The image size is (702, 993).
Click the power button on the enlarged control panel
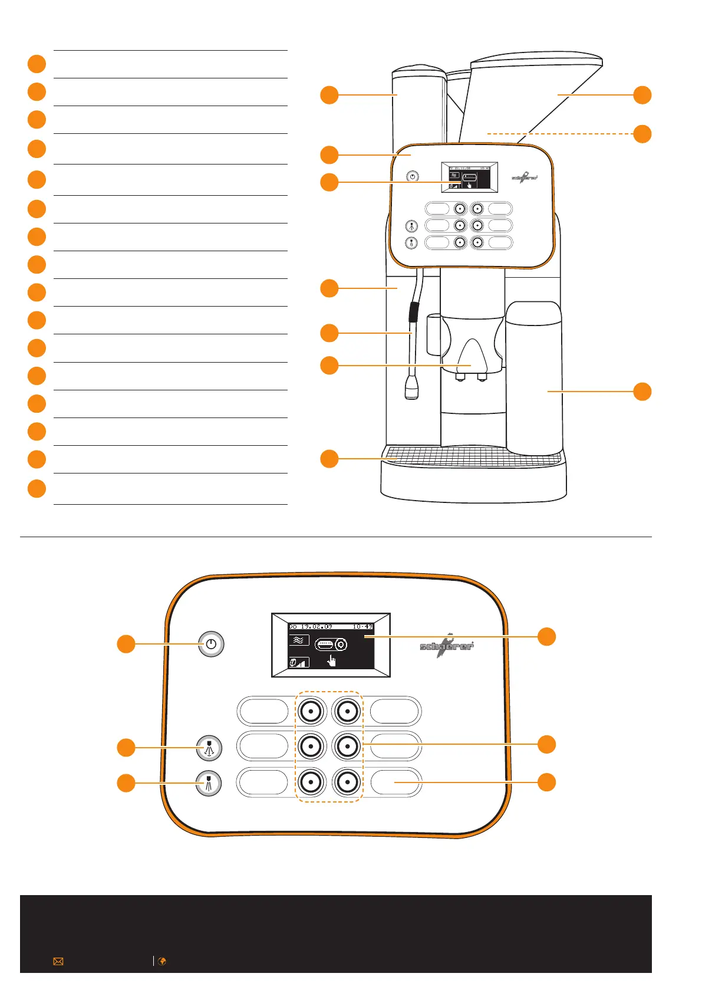pos(211,644)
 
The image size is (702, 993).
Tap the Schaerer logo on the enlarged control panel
pos(447,646)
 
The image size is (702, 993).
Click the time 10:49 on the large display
pos(362,626)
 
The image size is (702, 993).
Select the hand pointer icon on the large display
pos(332,661)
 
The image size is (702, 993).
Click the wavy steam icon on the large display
pos(299,640)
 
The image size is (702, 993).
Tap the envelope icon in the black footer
pos(58,961)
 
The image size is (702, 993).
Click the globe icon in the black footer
pos(162,961)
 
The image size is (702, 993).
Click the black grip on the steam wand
pos(414,312)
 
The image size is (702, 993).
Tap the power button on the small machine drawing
pos(413,176)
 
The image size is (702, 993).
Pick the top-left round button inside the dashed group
pos(311,711)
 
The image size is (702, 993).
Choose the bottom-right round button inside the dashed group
pos(347,782)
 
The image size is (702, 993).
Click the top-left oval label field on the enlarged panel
pos(263,711)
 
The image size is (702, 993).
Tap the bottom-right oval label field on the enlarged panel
pos(396,782)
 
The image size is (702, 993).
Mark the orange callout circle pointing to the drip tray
pos(329,459)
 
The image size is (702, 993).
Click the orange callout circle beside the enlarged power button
pos(126,644)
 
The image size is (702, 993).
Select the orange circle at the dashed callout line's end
pos(642,134)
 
